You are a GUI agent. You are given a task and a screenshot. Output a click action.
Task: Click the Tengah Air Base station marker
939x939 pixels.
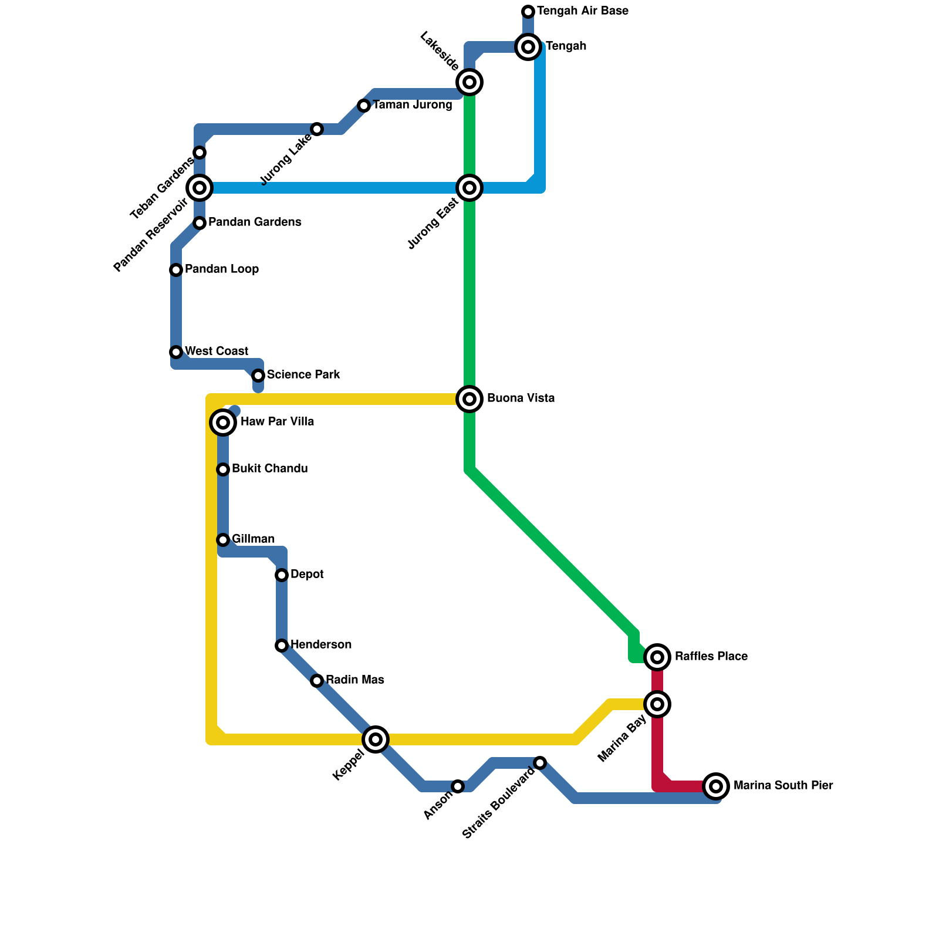528,12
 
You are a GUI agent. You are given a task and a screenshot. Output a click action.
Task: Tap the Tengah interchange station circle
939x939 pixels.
528,47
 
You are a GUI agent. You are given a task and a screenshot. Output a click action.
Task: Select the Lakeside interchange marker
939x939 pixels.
469,82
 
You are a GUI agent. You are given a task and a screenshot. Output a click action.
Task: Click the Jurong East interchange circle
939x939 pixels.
469,188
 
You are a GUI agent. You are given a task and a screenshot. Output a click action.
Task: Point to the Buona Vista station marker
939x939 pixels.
469,399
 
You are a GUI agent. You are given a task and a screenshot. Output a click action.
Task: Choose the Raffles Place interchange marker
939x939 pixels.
658,657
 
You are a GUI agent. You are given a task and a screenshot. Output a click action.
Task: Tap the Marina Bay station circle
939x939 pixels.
658,704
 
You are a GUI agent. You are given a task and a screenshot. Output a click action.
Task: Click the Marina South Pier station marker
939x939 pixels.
716,786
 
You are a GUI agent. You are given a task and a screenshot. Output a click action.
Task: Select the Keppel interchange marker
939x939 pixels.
376,739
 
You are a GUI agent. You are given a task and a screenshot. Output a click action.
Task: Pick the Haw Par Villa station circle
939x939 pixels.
223,423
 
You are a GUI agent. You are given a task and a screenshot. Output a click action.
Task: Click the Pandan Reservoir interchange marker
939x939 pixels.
200,188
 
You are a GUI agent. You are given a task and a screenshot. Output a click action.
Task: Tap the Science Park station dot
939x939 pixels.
258,376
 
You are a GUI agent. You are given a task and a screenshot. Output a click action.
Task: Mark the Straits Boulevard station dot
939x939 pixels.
540,763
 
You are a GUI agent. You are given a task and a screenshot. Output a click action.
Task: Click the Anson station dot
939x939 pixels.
458,786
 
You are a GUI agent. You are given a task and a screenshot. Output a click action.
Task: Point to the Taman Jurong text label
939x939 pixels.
413,106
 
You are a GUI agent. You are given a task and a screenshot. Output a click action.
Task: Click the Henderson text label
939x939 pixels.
321,645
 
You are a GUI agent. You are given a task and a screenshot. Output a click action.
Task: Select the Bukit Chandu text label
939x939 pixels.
270,469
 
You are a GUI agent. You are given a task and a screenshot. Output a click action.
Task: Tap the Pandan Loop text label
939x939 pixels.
222,269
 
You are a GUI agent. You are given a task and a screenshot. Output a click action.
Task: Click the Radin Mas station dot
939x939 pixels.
317,681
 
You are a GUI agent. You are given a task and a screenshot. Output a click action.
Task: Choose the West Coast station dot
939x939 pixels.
176,352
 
